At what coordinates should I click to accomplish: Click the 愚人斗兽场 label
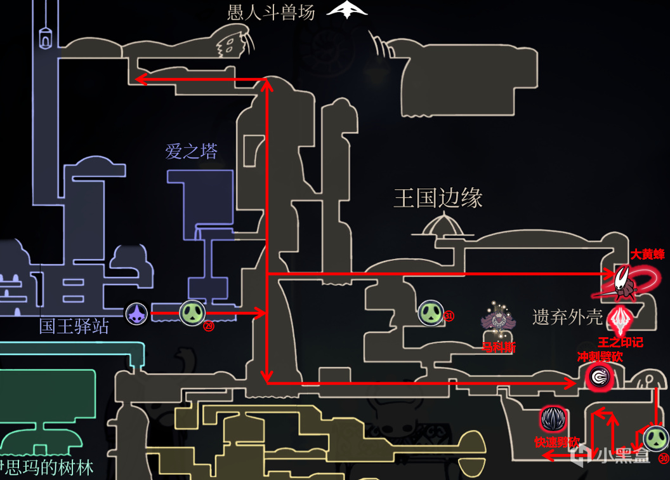pyautogui.click(x=271, y=13)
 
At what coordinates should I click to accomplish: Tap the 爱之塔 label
pyautogui.click(x=191, y=151)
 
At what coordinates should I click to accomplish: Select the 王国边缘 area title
pyautogui.click(x=438, y=198)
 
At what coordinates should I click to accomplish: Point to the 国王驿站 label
pyautogui.click(x=74, y=327)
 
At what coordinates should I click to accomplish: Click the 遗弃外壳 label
pyautogui.click(x=567, y=317)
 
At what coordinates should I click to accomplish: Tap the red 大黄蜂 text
pyautogui.click(x=647, y=255)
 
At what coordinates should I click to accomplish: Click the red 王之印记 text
pyautogui.click(x=621, y=342)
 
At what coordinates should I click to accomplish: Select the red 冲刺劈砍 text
pyautogui.click(x=600, y=357)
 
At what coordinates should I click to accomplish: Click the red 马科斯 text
pyautogui.click(x=499, y=347)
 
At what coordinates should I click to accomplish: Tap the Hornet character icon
pyautogui.click(x=622, y=284)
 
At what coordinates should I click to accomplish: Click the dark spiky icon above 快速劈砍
pyautogui.click(x=553, y=419)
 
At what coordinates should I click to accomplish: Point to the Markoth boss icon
pyautogui.click(x=499, y=318)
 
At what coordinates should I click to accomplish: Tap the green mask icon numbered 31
pyautogui.click(x=431, y=312)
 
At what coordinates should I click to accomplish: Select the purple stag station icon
pyautogui.click(x=137, y=314)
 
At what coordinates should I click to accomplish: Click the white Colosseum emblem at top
pyautogui.click(x=348, y=10)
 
